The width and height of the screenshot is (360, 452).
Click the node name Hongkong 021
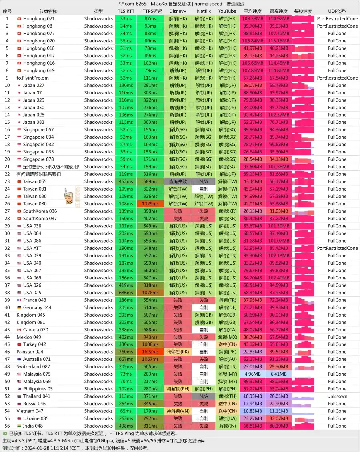[39, 19]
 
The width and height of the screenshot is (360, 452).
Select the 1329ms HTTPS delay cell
[150, 204]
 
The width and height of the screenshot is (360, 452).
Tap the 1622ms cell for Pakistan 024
[150, 352]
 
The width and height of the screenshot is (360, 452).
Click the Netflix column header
[204, 11]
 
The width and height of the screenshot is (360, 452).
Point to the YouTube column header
[227, 11]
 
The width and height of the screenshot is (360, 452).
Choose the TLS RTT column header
[126, 11]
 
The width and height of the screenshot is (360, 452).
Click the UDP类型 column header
[337, 11]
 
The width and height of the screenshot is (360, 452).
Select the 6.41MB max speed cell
[279, 374]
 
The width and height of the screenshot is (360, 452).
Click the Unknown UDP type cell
[337, 396]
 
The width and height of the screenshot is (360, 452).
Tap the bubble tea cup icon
[68, 196]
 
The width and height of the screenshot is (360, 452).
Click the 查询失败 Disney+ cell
[178, 181]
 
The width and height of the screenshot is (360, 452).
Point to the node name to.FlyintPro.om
[32, 78]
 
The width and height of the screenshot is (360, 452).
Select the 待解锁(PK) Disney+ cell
[178, 352]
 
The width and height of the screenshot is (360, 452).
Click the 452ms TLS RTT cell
[126, 181]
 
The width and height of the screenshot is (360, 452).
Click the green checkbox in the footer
[5, 433]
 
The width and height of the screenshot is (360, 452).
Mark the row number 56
[7, 426]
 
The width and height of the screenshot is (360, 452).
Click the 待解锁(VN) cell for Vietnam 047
[178, 411]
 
